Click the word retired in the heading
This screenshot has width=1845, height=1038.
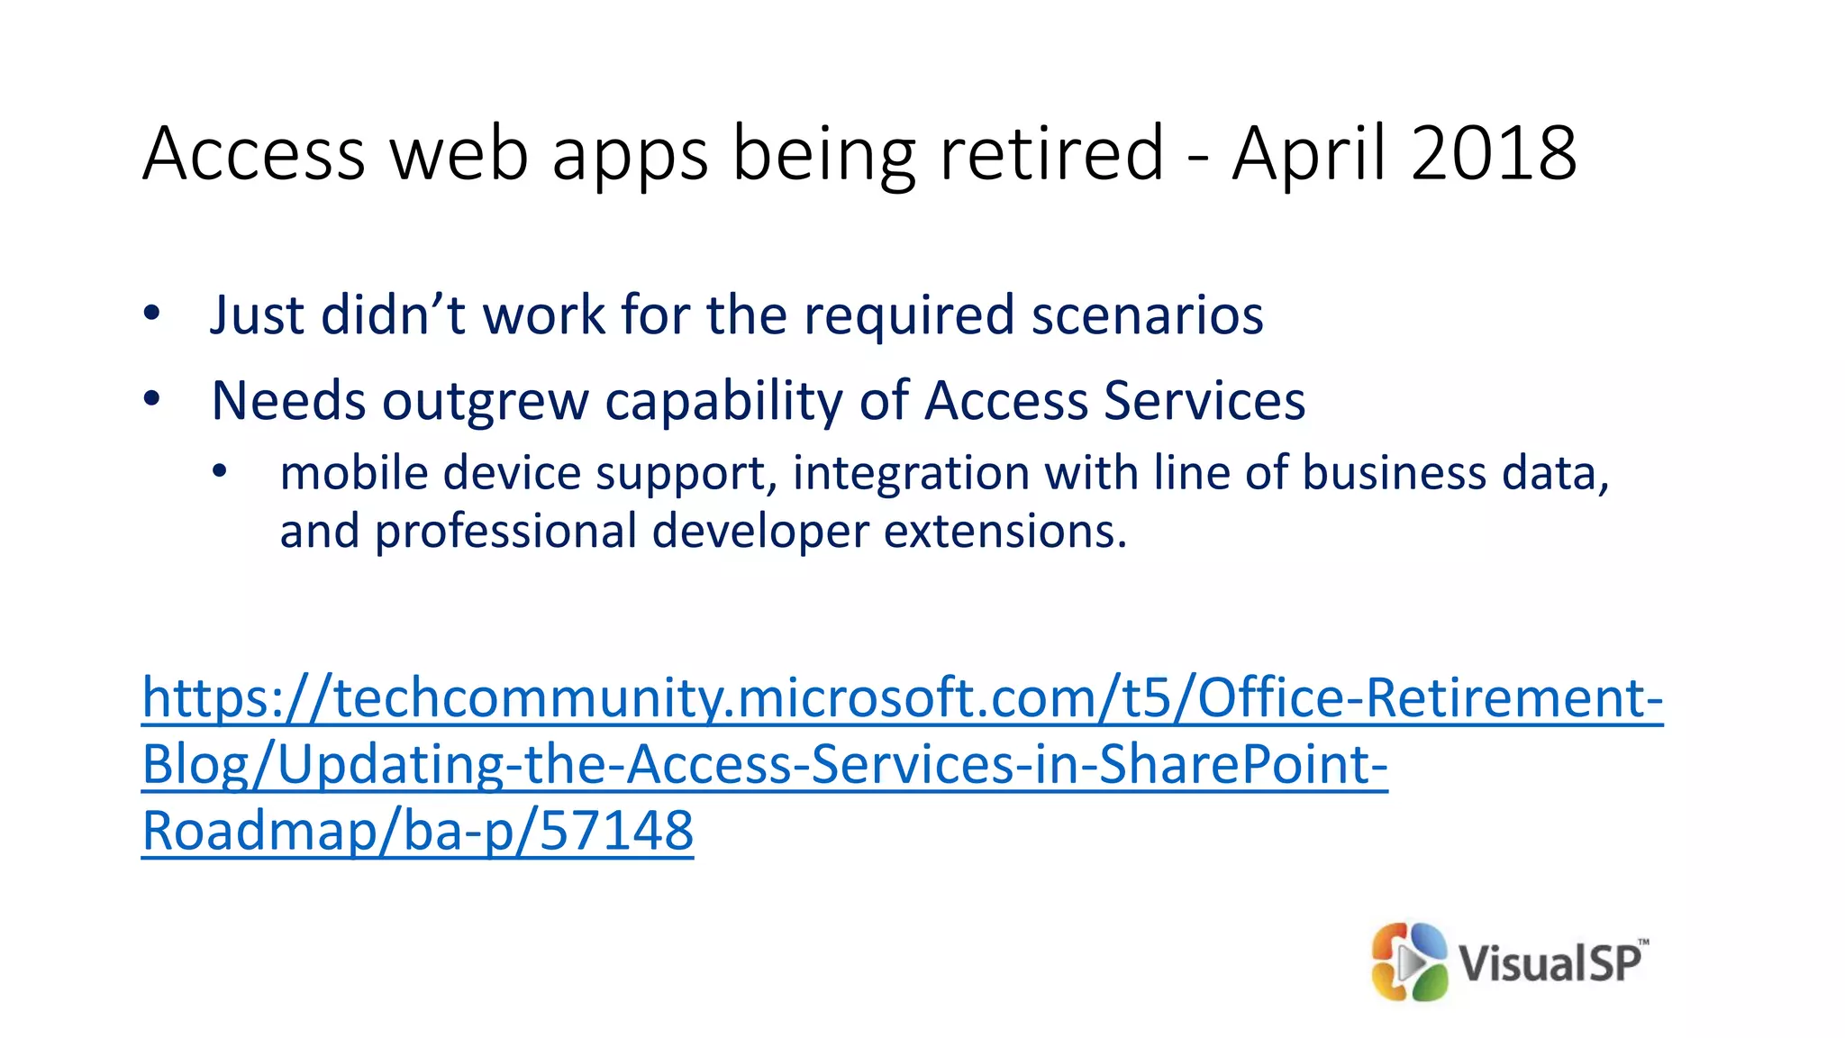tap(1051, 153)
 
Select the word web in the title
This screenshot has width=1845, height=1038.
tap(459, 153)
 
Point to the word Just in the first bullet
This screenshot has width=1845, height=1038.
tap(256, 315)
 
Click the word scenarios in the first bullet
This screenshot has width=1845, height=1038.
tap(1147, 315)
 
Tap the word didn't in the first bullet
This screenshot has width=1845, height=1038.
tap(393, 315)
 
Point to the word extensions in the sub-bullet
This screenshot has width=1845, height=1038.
tap(1004, 531)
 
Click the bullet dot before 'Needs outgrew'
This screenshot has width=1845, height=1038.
tap(151, 398)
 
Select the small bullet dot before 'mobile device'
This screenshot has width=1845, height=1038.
tap(220, 471)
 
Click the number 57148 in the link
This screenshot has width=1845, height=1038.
tap(616, 830)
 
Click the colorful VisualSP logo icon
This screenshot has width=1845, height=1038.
tap(1408, 961)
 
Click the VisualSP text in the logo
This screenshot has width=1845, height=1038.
tap(1550, 963)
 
